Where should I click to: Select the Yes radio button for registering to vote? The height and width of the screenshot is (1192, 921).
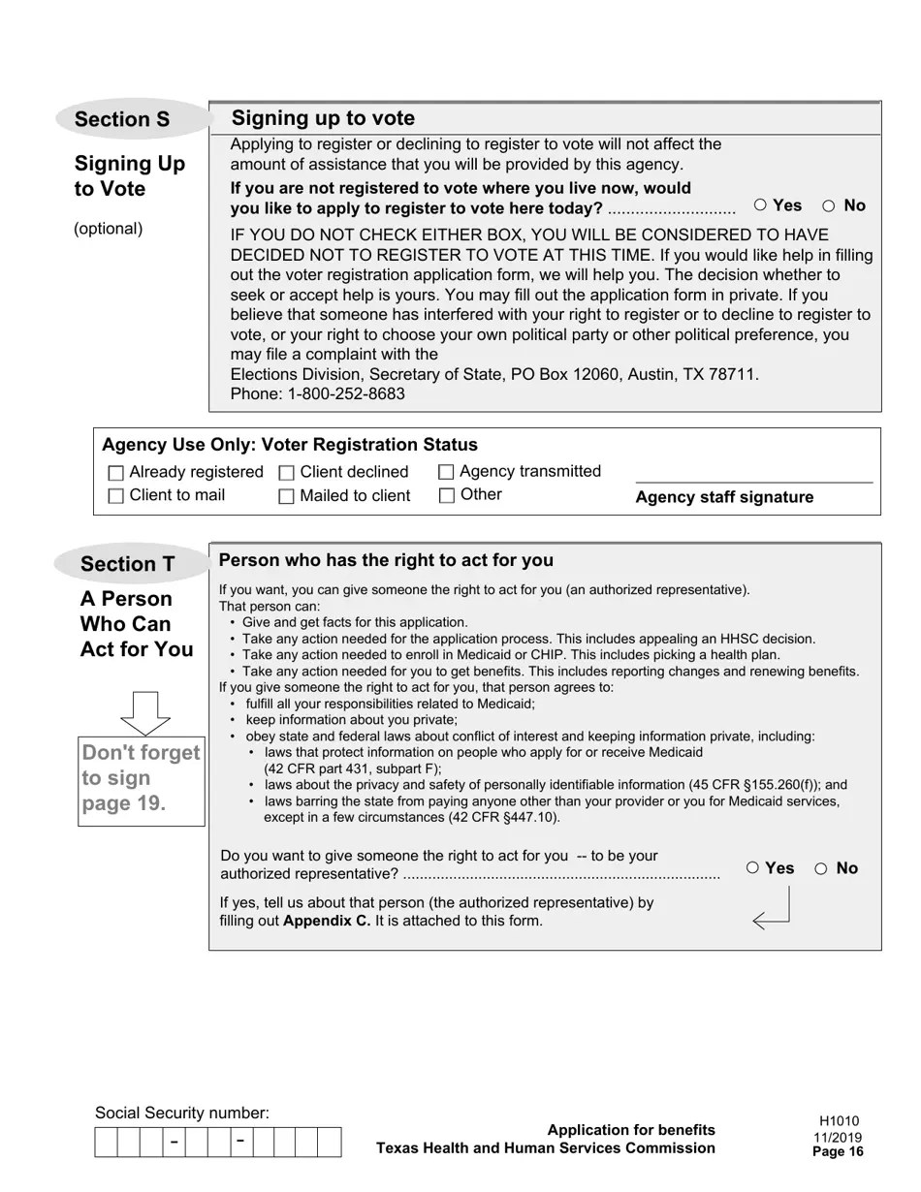(x=761, y=205)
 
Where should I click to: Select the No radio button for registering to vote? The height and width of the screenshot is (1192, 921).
(x=829, y=205)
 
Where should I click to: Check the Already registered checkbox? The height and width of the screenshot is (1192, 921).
(x=116, y=473)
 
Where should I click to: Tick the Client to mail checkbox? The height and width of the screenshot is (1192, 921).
(x=116, y=496)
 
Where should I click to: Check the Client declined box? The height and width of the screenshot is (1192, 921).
(x=287, y=473)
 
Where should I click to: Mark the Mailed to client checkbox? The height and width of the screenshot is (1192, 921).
(x=287, y=496)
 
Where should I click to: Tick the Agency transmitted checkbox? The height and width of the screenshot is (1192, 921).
(x=446, y=472)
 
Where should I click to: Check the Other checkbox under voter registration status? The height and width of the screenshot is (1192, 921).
(x=446, y=495)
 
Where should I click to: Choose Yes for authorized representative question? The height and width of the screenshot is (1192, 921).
(x=753, y=868)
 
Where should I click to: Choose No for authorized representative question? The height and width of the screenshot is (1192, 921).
(x=821, y=868)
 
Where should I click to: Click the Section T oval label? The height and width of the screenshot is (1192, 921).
(x=129, y=564)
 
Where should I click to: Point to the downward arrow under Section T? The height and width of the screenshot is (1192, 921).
(x=145, y=713)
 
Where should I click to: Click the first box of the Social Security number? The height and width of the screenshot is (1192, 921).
(x=106, y=1143)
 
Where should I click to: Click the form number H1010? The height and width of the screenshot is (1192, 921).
(x=839, y=1121)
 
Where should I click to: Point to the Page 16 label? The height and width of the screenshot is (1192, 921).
(x=838, y=1152)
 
